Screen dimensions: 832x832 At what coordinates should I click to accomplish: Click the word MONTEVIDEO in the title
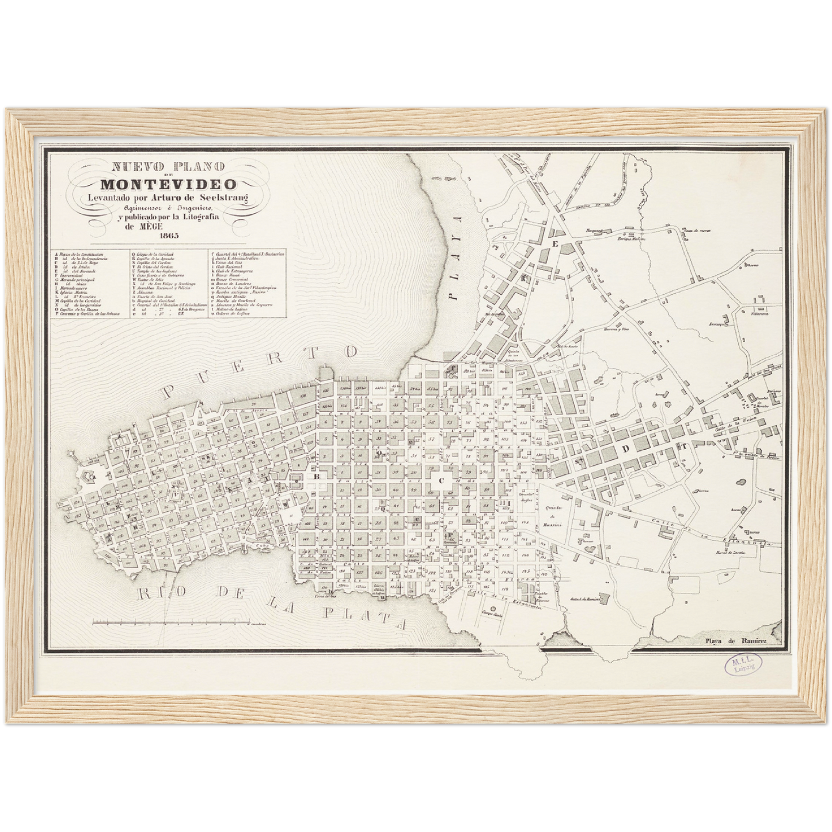[x=168, y=185]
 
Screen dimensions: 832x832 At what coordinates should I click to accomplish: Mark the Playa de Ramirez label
[x=739, y=640]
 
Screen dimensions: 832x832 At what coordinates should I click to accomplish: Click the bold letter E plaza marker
[x=556, y=244]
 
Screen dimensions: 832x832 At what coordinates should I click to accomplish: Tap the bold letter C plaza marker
[x=442, y=480]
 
